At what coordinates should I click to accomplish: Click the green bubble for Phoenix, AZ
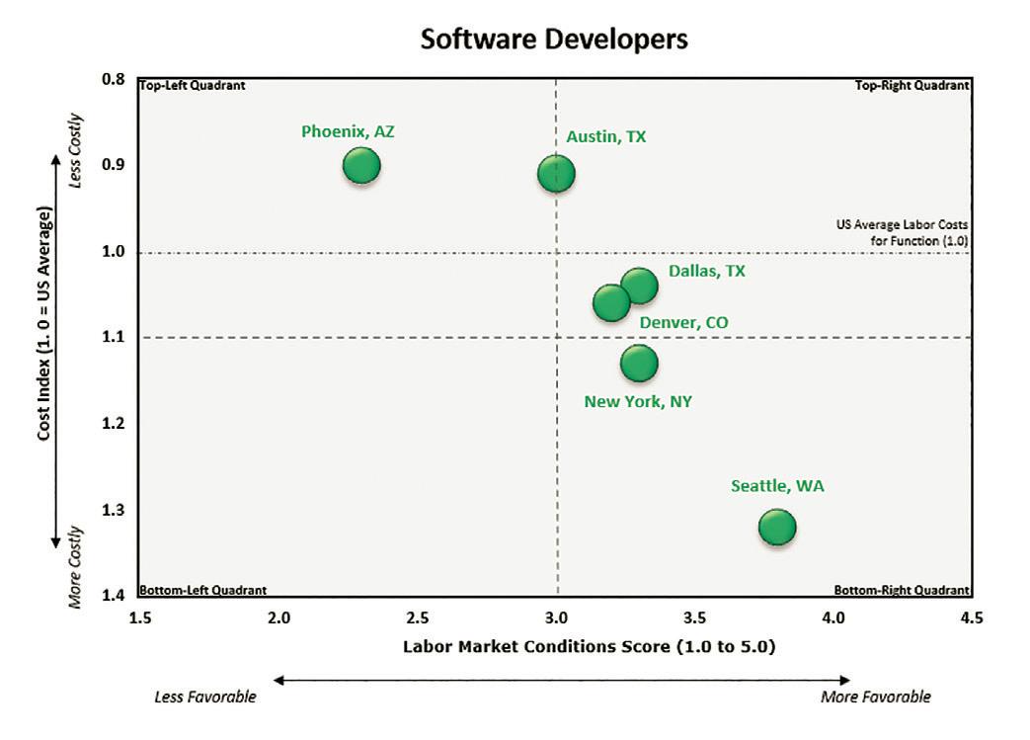coord(361,165)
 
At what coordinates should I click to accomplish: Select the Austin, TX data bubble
coord(557,174)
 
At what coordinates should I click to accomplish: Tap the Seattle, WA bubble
coord(777,527)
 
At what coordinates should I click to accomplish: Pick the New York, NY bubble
coord(639,363)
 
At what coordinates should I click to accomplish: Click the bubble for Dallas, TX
coord(639,286)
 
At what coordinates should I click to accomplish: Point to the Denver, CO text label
coord(684,323)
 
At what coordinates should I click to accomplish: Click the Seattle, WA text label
coord(777,486)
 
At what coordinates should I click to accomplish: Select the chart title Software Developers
coord(553,39)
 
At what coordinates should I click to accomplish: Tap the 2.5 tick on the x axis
coord(418,619)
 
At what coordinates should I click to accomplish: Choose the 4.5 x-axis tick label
coord(972,619)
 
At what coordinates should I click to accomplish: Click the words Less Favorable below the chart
coord(205,697)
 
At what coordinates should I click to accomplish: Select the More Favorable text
coord(875,697)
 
